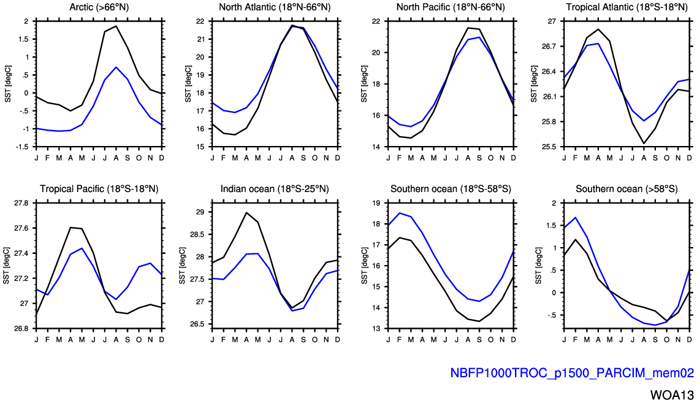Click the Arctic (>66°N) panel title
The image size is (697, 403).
(99, 7)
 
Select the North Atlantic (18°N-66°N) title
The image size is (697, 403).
(275, 7)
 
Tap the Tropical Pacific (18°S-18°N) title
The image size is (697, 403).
(99, 188)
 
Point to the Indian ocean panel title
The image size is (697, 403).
(275, 188)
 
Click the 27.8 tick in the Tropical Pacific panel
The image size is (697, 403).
(21, 202)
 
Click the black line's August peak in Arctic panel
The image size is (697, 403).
(116, 26)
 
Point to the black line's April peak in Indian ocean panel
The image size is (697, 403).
(246, 212)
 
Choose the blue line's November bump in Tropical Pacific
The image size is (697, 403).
(151, 263)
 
